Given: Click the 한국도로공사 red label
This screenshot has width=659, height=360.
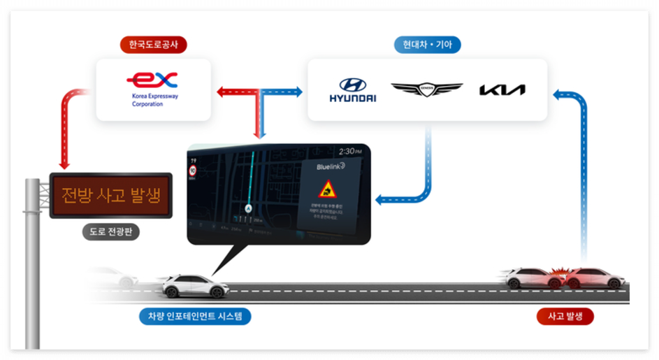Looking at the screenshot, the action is click(x=154, y=45).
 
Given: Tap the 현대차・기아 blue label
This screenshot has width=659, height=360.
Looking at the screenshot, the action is click(x=427, y=45).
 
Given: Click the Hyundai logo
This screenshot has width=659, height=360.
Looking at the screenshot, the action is click(x=352, y=90).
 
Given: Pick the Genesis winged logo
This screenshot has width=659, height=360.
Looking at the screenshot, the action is click(x=426, y=89).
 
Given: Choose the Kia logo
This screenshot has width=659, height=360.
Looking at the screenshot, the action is click(x=502, y=89).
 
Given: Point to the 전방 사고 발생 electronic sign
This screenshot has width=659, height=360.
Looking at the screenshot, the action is click(x=110, y=195).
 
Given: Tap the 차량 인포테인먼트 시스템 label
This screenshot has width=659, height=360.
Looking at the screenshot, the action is click(x=195, y=316).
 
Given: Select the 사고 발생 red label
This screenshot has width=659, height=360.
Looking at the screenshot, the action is click(x=565, y=316).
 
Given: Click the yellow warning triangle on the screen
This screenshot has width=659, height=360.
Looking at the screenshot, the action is click(x=327, y=189).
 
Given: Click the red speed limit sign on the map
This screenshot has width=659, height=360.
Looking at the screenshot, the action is click(x=192, y=169).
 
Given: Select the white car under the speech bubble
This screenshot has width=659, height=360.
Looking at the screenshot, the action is click(x=195, y=285).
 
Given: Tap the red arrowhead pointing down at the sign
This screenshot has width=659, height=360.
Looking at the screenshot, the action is click(x=64, y=165).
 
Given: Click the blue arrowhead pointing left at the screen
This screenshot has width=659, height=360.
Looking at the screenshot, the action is click(x=380, y=200).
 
